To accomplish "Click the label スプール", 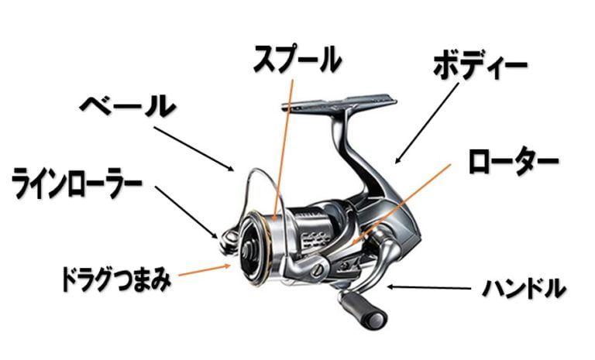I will (x=297, y=59).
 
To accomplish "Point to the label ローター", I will (x=512, y=161).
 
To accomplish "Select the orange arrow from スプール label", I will (x=284, y=147).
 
